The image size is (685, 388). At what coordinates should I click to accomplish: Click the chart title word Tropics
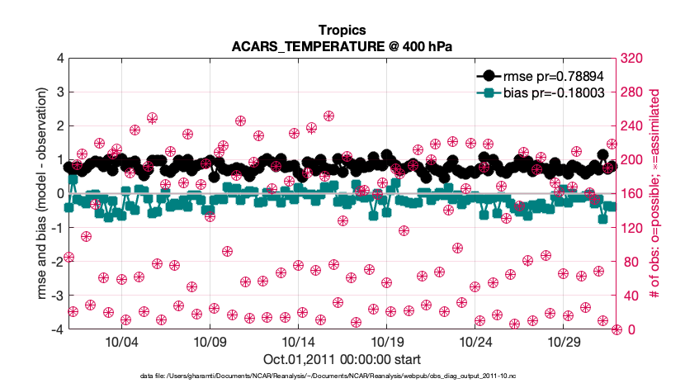click(342, 31)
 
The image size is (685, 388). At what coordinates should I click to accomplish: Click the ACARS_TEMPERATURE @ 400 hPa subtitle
click(342, 46)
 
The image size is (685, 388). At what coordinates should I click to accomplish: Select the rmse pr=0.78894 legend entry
click(545, 75)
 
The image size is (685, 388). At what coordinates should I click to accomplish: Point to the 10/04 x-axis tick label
click(121, 342)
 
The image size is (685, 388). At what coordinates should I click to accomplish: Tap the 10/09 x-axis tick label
click(210, 342)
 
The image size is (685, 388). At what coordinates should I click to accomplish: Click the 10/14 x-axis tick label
click(298, 342)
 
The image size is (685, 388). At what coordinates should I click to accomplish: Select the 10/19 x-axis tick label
click(386, 342)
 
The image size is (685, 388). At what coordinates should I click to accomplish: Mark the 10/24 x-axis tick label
click(475, 342)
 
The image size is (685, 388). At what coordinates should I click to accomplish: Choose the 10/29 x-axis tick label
click(563, 342)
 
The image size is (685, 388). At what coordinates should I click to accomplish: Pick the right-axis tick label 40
click(631, 296)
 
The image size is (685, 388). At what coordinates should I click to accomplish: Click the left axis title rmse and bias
click(40, 194)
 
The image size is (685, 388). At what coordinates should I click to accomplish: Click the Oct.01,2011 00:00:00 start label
click(342, 359)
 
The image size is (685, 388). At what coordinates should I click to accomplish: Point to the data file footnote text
click(342, 376)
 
